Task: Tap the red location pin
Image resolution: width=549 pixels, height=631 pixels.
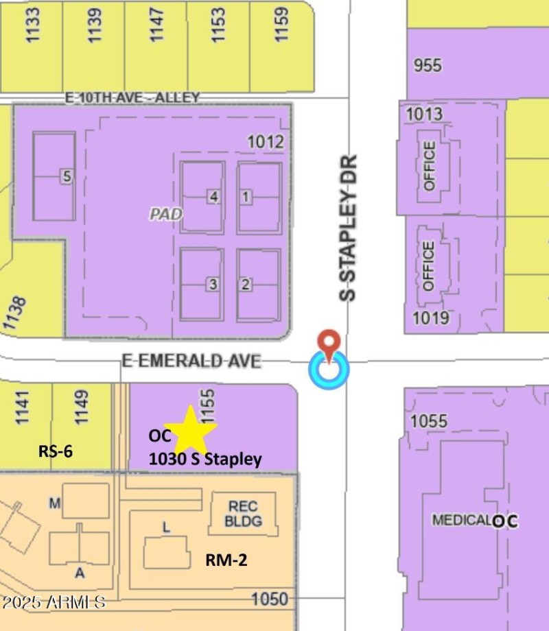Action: pos(330,344)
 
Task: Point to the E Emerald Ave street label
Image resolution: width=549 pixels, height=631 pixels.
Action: pos(191,361)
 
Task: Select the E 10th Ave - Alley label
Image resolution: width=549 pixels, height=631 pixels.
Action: pos(132,98)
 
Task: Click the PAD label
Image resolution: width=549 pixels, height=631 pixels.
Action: pos(166,214)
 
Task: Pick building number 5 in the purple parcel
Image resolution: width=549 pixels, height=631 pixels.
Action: pos(66,176)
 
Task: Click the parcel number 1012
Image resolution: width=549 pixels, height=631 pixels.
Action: pos(266,142)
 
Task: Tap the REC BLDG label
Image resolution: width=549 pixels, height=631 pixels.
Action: pos(244,514)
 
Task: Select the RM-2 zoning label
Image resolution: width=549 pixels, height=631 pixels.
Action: pos(226,560)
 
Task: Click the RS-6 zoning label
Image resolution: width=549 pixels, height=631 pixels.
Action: pos(55,451)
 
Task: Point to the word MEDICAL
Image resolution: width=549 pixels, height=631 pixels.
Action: pos(461,520)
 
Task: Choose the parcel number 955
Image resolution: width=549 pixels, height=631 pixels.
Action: pos(428,66)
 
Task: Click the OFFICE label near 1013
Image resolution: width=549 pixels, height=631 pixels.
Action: pos(429,165)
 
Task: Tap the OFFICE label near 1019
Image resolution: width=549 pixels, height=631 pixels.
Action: pos(429,265)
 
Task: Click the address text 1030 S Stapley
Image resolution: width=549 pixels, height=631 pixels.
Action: pos(205,460)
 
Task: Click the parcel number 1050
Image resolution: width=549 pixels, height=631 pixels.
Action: pos(269,599)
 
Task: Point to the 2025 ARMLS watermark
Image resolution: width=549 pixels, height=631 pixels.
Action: pos(53,602)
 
